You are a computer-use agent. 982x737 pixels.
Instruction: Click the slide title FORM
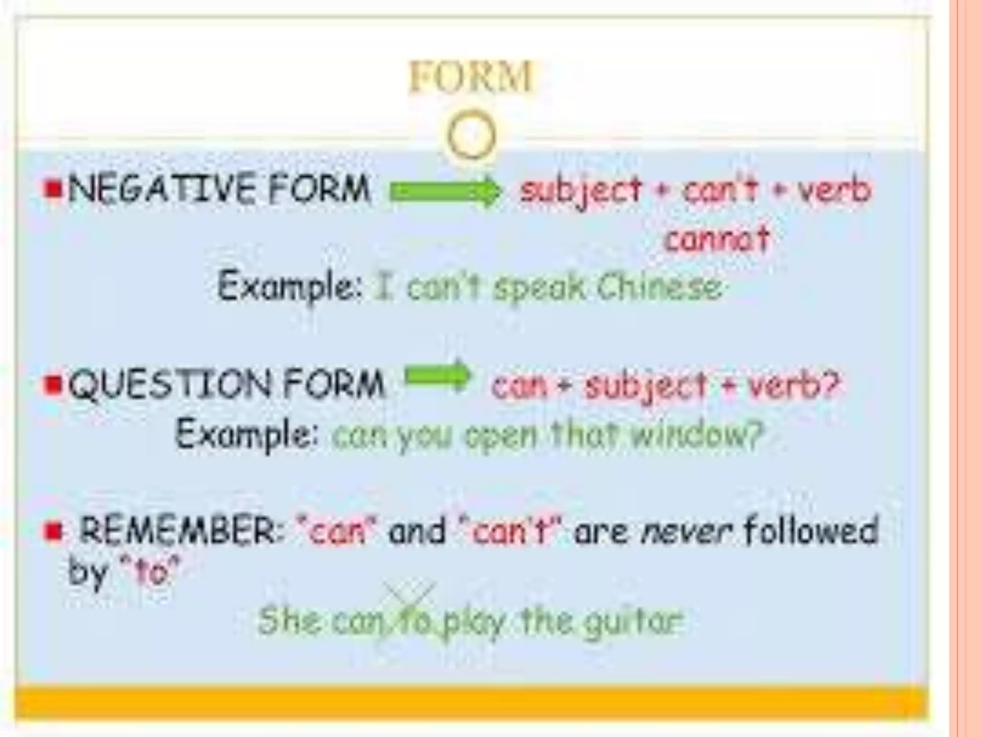point(470,77)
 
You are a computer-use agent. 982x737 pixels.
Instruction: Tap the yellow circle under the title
point(471,135)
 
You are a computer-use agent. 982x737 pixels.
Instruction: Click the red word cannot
point(717,238)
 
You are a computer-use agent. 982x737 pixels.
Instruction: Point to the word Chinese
point(659,287)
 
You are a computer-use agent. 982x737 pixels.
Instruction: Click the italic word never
point(688,532)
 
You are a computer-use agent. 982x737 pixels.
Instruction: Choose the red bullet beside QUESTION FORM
point(52,384)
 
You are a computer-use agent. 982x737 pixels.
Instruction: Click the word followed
point(811,530)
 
